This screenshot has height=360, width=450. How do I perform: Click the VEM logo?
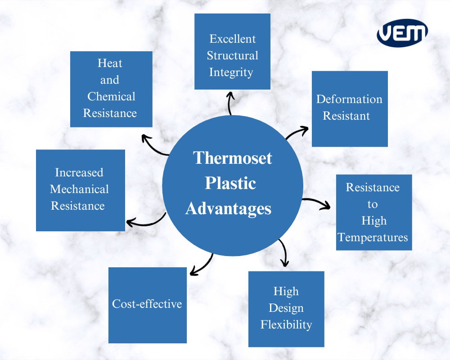tap(402, 32)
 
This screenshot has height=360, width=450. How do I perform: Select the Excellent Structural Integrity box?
tap(232, 51)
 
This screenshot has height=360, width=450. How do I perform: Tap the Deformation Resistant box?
tap(350, 108)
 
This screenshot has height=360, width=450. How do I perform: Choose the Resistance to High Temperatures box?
tap(373, 212)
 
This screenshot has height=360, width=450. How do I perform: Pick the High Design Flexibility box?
tap(286, 309)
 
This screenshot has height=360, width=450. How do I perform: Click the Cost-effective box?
tap(147, 305)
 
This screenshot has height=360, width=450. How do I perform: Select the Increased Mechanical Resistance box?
tap(80, 190)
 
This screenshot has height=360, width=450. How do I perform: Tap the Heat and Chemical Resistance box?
tap(111, 89)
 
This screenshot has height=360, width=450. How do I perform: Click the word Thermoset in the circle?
tap(233, 158)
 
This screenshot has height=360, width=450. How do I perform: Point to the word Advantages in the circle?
tap(229, 209)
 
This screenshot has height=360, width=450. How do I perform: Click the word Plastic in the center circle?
tap(230, 183)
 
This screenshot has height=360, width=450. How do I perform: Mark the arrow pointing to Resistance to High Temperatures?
tap(317, 202)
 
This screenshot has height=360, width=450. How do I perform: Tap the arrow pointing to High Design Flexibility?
tap(284, 253)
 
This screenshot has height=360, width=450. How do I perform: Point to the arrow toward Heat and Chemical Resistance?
tap(154, 145)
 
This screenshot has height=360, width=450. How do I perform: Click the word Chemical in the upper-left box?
tap(111, 97)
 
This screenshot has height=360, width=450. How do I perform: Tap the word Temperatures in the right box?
tap(373, 237)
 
